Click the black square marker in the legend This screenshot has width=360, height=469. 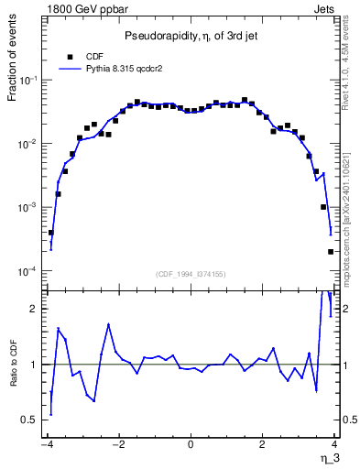70,56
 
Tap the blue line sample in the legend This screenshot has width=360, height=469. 70,68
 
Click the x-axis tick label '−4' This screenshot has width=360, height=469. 46,446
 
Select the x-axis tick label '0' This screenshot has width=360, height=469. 191,446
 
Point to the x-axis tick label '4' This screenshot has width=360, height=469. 334,446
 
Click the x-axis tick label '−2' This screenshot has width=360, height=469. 118,446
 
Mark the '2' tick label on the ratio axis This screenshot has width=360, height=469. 35,309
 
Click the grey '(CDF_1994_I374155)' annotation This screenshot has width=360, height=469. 191,273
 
